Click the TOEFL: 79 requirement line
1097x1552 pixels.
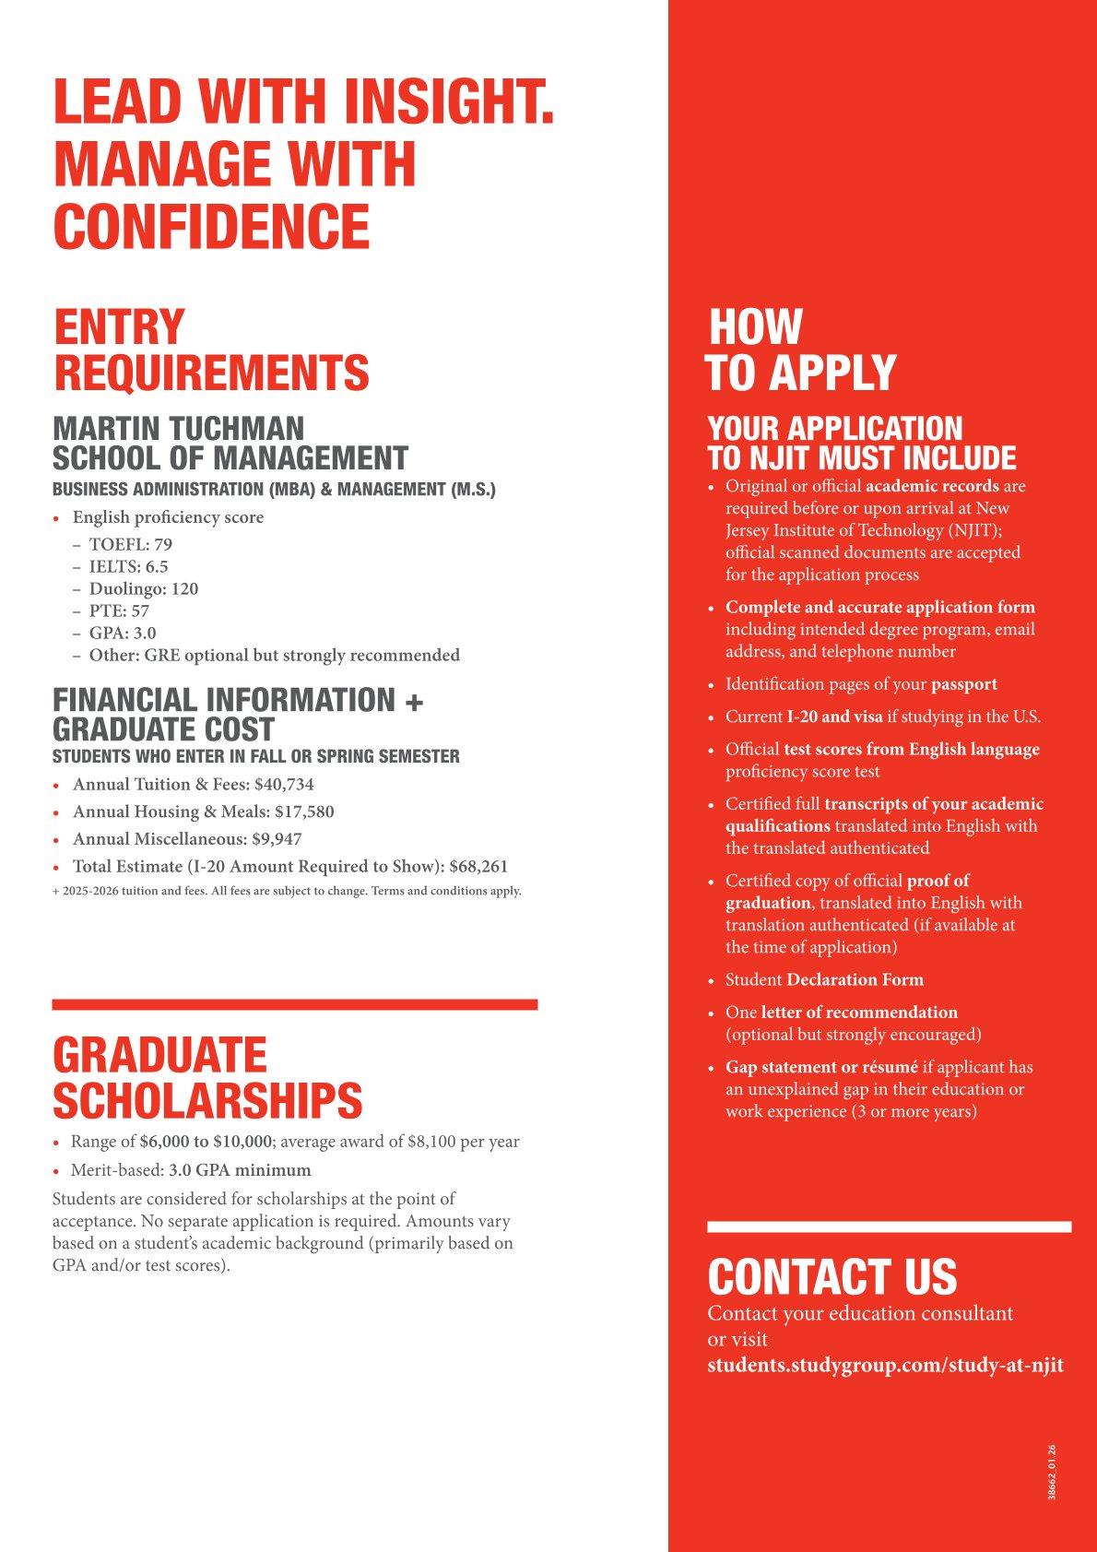(130, 545)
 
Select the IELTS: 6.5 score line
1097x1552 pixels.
(128, 567)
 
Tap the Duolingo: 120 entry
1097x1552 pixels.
(143, 589)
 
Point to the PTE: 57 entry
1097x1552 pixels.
(119, 611)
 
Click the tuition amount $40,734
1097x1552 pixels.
(284, 785)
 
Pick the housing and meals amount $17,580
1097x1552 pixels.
(304, 812)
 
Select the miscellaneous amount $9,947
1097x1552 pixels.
(277, 839)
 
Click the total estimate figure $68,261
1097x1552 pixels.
(478, 867)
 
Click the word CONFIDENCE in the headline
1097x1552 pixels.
(212, 227)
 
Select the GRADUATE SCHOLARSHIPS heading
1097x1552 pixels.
(207, 1078)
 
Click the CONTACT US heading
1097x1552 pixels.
(832, 1277)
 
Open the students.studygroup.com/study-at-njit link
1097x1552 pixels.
(885, 1365)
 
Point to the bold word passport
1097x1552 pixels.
(963, 684)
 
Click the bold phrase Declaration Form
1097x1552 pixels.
(855, 980)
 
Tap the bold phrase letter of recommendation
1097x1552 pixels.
(858, 1013)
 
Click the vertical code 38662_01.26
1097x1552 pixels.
(1052, 1473)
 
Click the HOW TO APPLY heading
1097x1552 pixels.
(800, 350)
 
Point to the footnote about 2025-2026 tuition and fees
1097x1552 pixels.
(287, 891)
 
